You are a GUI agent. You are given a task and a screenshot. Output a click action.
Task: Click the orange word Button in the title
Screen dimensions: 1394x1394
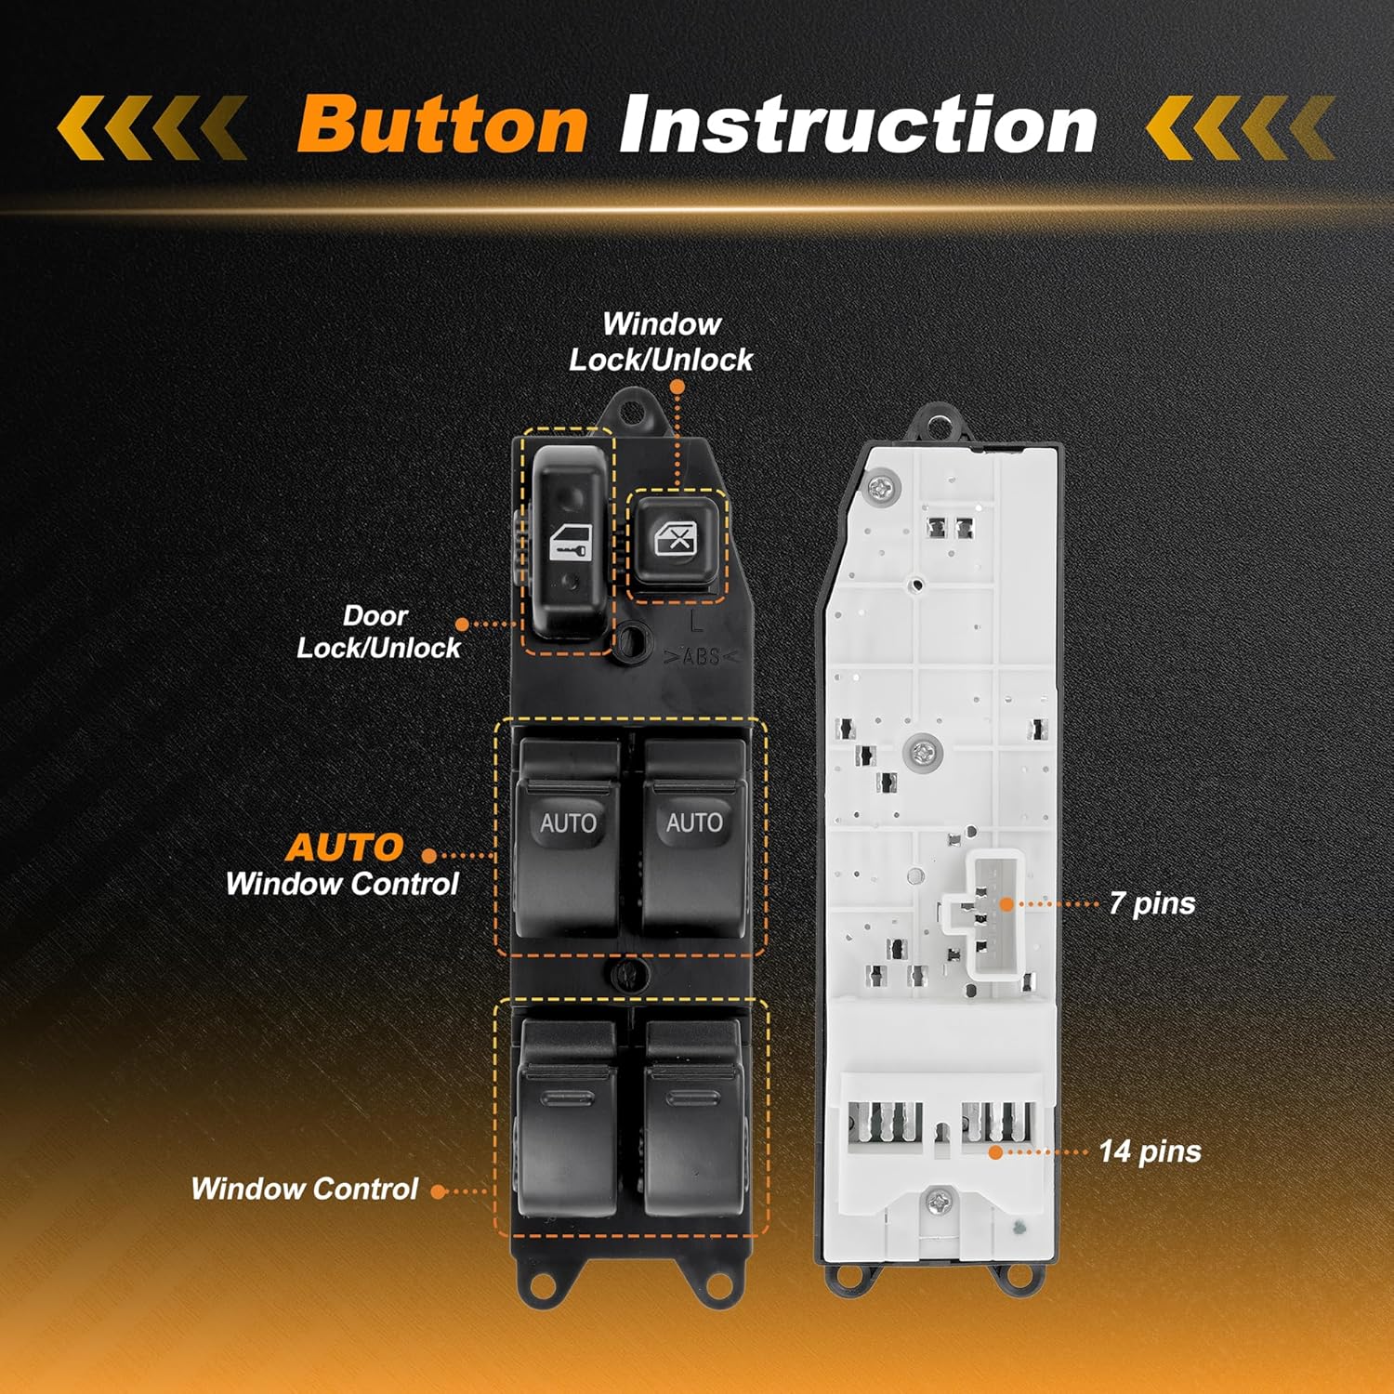tap(442, 125)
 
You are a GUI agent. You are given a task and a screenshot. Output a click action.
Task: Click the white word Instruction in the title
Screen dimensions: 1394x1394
tap(858, 125)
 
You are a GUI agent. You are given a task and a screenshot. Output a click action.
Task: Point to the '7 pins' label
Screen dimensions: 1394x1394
tap(1151, 903)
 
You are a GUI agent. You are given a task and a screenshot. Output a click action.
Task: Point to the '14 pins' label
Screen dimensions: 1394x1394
tap(1150, 1151)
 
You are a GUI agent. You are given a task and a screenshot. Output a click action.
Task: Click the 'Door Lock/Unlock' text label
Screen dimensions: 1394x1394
tap(377, 632)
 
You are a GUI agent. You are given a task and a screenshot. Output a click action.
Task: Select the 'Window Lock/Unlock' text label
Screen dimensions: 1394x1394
tap(661, 342)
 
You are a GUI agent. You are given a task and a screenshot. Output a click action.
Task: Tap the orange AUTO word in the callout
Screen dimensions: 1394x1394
tap(344, 848)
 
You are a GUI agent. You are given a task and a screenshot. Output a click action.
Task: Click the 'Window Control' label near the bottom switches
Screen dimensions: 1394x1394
tap(305, 1189)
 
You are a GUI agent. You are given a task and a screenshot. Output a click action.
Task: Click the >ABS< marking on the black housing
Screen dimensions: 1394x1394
tap(701, 657)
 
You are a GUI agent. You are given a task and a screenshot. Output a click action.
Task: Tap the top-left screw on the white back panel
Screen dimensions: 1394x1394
tap(879, 487)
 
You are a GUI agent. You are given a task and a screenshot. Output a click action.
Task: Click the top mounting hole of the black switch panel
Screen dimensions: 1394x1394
tap(635, 410)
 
